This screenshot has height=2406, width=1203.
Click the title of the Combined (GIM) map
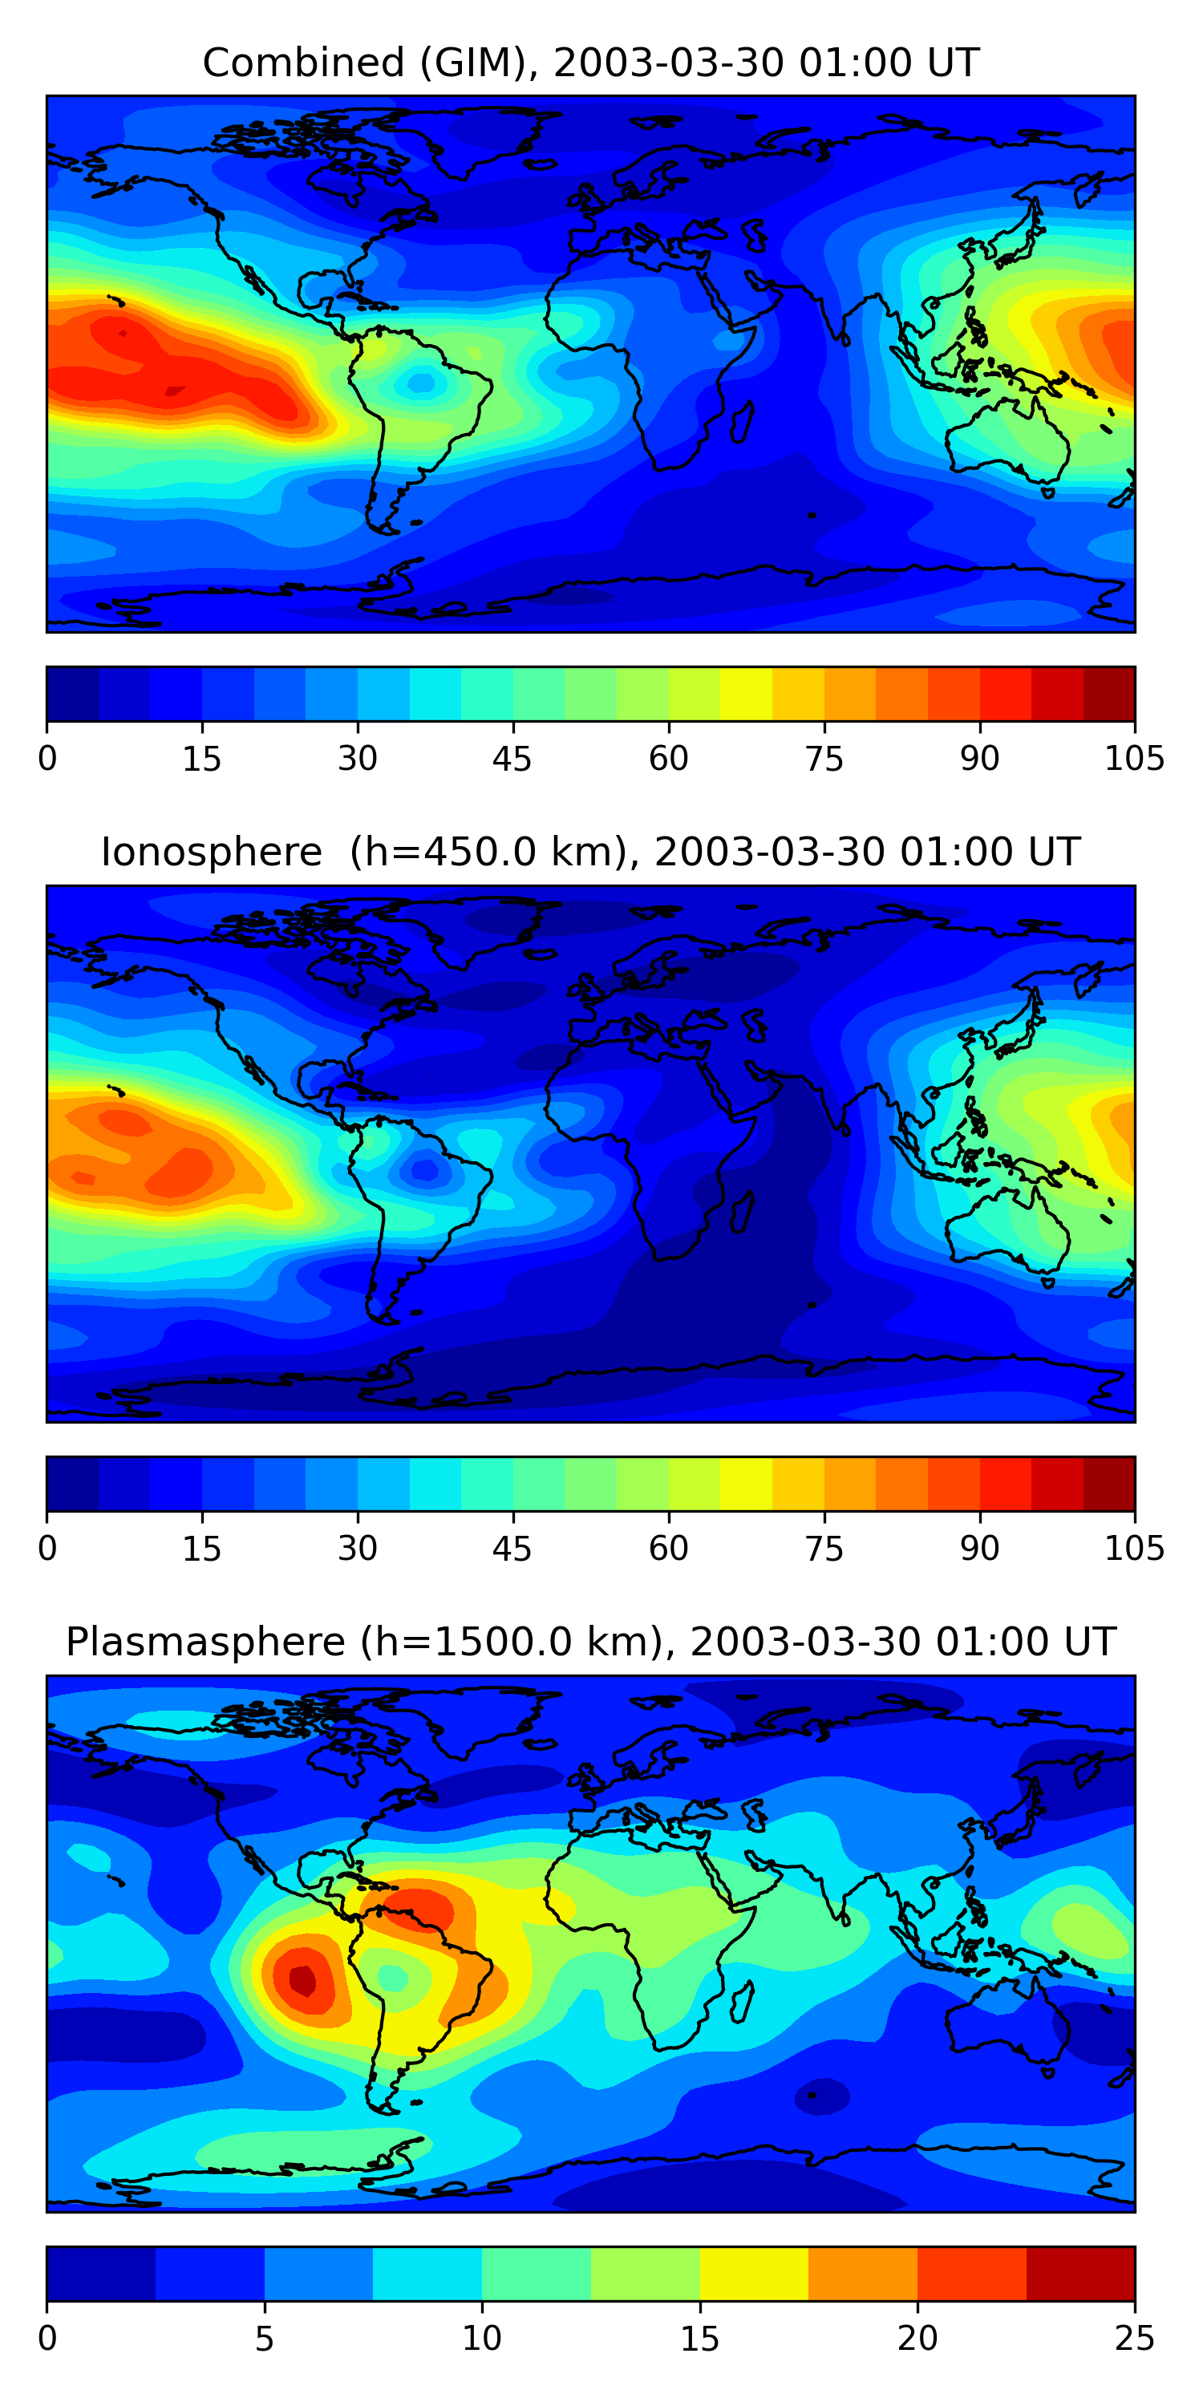click(x=590, y=63)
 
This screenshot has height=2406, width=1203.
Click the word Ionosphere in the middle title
click(x=211, y=853)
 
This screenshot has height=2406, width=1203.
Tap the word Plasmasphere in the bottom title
click(x=205, y=1642)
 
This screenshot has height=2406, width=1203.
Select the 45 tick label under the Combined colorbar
click(x=512, y=759)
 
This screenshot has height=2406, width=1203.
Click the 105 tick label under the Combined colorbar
click(x=1134, y=759)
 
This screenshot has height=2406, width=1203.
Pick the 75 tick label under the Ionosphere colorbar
click(x=824, y=1548)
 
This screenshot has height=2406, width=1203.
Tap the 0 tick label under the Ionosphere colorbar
click(x=47, y=1548)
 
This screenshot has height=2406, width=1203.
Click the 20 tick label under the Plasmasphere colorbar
click(x=917, y=2338)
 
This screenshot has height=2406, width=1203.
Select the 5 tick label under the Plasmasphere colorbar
click(x=265, y=2338)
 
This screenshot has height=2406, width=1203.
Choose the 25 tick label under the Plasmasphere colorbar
click(x=1134, y=2338)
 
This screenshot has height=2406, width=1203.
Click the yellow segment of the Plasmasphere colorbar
click(x=754, y=2274)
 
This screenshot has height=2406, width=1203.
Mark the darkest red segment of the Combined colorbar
click(x=1108, y=694)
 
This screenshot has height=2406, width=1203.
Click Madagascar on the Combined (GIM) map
click(x=742, y=422)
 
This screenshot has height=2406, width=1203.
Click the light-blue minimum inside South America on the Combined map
click(x=421, y=382)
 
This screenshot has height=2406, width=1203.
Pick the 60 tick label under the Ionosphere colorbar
click(x=669, y=1548)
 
